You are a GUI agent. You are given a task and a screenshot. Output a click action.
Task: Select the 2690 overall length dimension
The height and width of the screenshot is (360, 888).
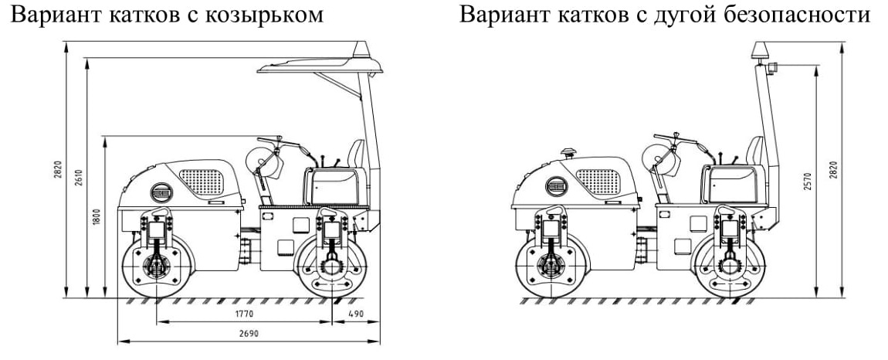pyautogui.click(x=247, y=334)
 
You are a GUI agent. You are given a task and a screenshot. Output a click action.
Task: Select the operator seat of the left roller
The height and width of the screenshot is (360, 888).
pyautogui.click(x=356, y=155)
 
